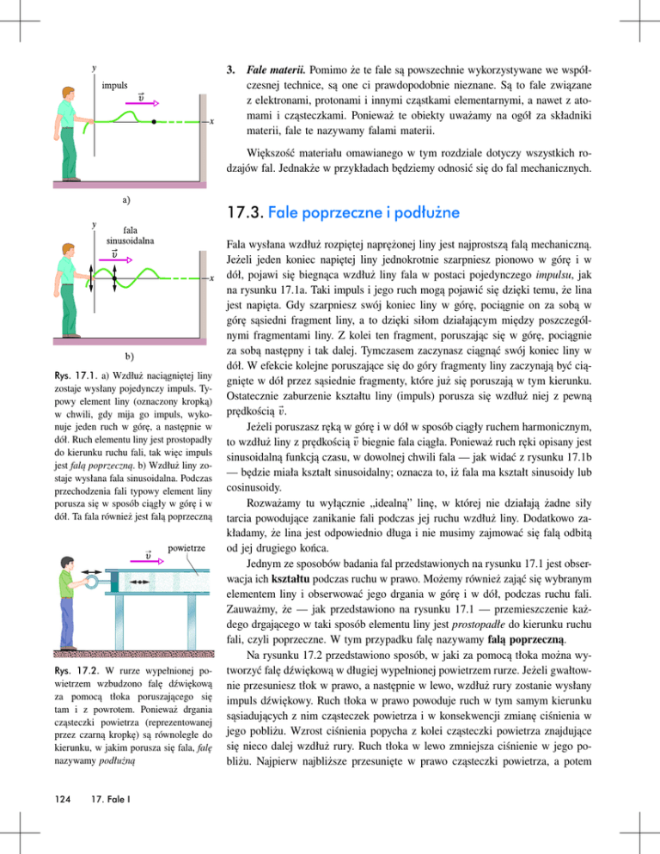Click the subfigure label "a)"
click(125, 199)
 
